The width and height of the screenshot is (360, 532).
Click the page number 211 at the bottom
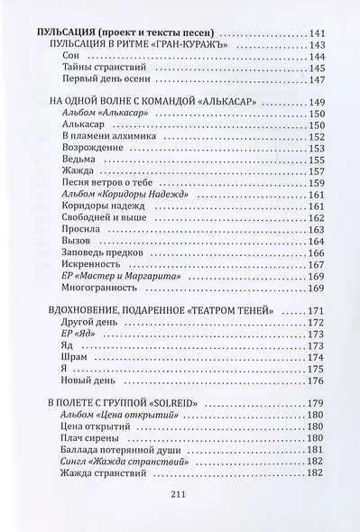point(179,493)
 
